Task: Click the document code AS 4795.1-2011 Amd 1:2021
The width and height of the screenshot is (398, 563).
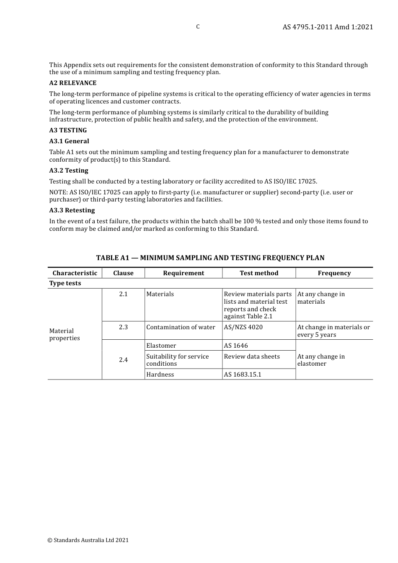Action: [328, 27]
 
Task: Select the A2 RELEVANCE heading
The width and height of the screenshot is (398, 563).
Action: [73, 83]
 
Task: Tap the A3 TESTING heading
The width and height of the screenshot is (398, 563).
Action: [68, 130]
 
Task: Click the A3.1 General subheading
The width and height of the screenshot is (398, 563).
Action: [69, 141]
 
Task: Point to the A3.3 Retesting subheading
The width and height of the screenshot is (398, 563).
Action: [72, 210]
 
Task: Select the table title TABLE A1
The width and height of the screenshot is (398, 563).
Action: [210, 258]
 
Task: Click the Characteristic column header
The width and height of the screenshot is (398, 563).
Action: [75, 273]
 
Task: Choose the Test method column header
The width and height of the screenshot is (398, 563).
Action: [259, 273]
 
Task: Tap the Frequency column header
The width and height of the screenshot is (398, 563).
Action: [334, 273]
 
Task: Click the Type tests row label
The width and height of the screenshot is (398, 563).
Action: [65, 283]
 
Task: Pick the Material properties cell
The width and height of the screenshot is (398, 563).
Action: [65, 334]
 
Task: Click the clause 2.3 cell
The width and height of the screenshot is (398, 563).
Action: [123, 327]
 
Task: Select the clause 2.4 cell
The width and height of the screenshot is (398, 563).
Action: [123, 360]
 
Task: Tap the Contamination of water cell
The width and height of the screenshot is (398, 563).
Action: [181, 327]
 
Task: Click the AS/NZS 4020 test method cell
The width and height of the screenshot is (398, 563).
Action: [243, 327]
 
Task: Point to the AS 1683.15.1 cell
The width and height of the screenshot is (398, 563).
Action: [242, 374]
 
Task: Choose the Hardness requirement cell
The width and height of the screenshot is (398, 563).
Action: [160, 374]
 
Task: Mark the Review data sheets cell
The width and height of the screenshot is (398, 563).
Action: [251, 356]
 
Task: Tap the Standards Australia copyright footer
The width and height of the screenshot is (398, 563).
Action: [88, 540]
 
